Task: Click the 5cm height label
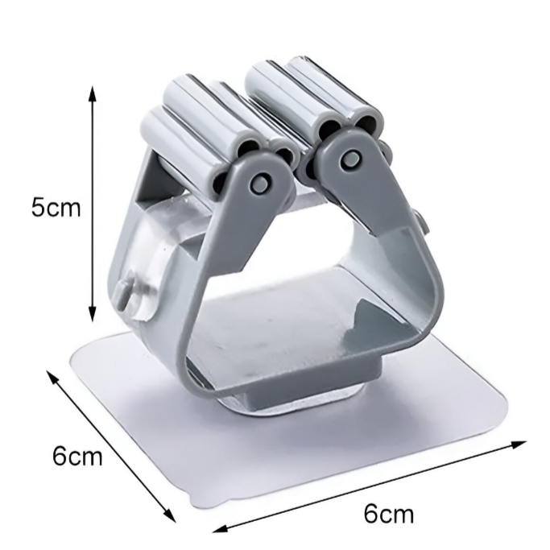[56, 208]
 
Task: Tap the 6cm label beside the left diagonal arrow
[77, 457]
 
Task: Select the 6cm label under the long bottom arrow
[389, 515]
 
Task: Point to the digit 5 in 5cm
[38, 208]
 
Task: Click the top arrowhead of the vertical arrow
[92, 92]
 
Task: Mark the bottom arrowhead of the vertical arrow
[92, 314]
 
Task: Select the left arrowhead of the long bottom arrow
[221, 528]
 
